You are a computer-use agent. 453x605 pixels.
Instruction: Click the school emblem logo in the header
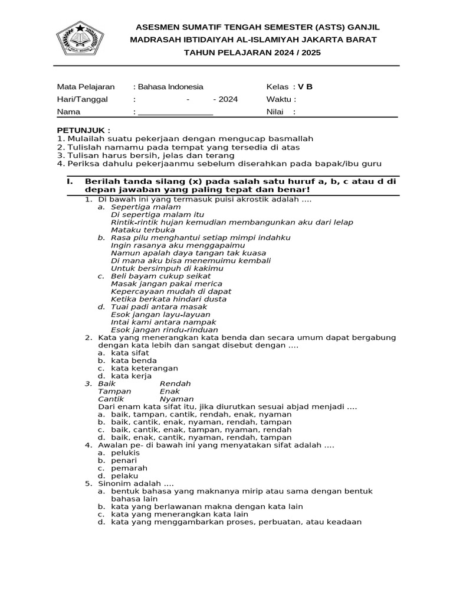[79, 39]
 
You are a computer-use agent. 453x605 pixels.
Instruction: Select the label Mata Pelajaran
[86, 86]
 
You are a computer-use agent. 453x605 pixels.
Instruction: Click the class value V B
[305, 86]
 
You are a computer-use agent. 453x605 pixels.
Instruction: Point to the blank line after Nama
[175, 112]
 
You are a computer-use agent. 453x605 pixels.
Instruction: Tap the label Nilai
[276, 112]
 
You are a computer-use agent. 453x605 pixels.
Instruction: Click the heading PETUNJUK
[83, 129]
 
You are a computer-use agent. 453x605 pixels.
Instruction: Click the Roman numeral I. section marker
[69, 182]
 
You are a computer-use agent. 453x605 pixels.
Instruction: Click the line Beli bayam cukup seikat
[160, 276]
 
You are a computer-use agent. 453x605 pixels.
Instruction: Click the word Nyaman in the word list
[176, 399]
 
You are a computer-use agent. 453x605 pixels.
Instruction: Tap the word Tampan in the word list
[114, 391]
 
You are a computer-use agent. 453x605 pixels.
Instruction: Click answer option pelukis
[125, 453]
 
